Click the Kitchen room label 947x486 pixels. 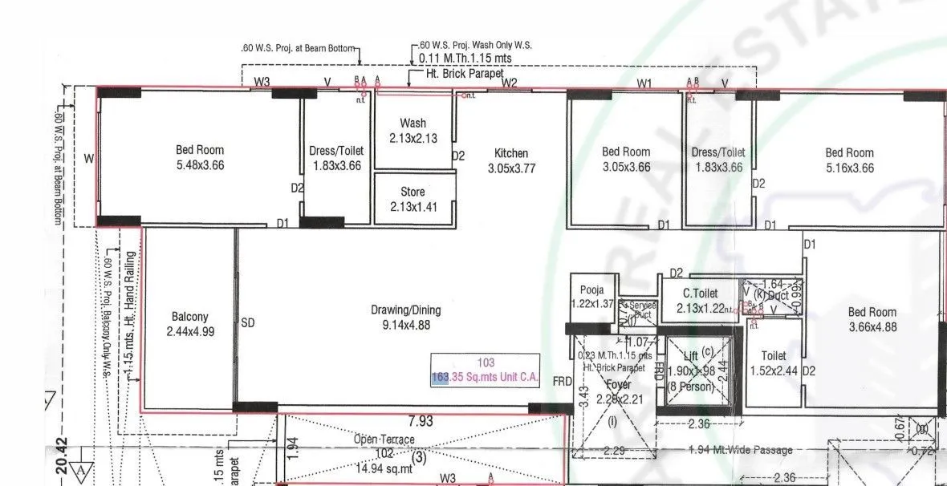[511, 153]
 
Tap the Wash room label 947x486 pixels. [413, 124]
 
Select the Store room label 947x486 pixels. [413, 192]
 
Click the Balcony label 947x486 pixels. [189, 317]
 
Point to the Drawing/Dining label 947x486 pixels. [405, 310]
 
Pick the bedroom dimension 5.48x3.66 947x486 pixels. [200, 165]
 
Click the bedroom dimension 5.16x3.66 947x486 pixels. [849, 168]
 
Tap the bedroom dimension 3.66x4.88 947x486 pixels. [873, 327]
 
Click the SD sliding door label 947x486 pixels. [248, 323]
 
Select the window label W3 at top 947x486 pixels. [262, 82]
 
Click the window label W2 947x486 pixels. [509, 83]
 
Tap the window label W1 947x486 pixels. [645, 83]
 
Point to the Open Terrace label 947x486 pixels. [384, 439]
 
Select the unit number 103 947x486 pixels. [486, 362]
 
